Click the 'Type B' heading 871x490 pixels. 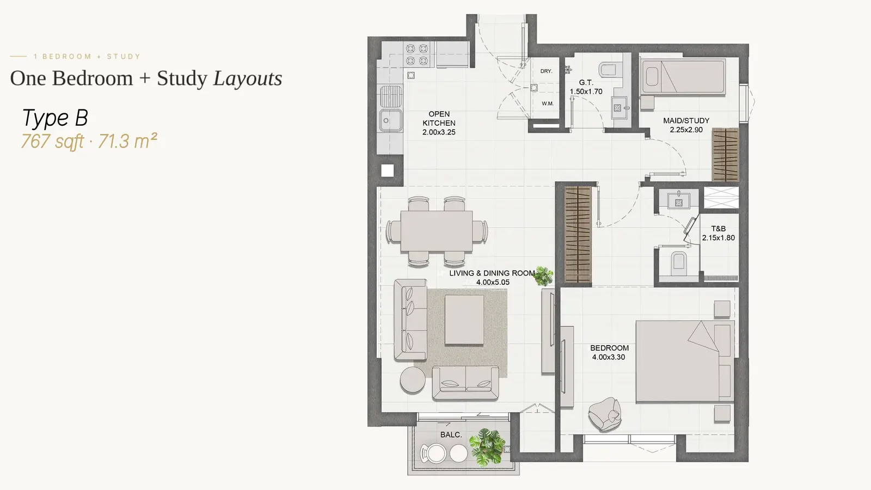point(55,118)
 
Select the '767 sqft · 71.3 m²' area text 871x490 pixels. point(89,141)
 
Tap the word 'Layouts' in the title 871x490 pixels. point(248,78)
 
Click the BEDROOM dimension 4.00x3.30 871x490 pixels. point(609,357)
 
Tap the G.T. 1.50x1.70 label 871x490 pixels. point(586,87)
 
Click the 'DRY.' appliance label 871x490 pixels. point(547,71)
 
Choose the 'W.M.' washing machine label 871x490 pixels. point(548,103)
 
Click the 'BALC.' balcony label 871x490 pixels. point(451,435)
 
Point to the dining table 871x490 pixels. point(437,231)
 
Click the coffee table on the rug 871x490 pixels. point(464,320)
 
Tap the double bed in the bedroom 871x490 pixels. point(685,362)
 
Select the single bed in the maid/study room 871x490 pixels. point(683,76)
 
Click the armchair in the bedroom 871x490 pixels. point(604,414)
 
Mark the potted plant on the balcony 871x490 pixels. point(487,447)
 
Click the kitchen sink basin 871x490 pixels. point(390,120)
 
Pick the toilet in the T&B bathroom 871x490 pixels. point(678,261)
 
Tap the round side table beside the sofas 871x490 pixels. point(413,379)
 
